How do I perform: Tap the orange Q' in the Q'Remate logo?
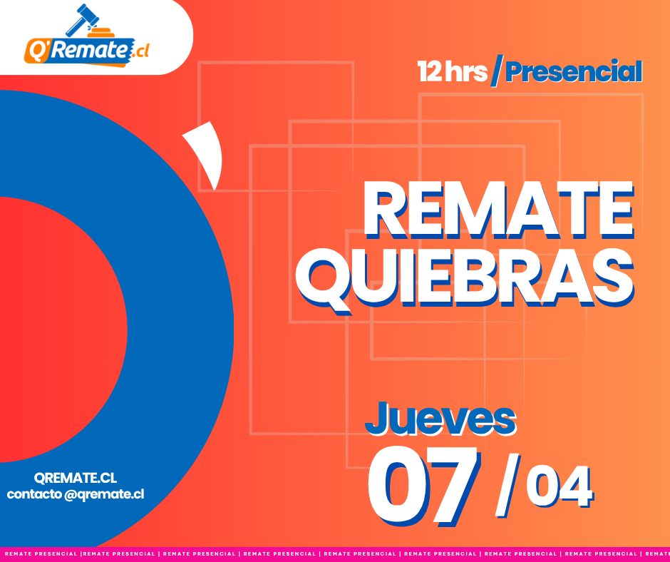[37, 50]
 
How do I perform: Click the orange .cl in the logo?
[140, 51]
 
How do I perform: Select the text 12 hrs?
[452, 71]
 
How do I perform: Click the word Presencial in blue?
[574, 71]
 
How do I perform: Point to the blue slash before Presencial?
[497, 71]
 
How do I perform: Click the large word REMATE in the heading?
[499, 209]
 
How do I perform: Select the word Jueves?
[440, 419]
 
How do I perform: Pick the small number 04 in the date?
[560, 487]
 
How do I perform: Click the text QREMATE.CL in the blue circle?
[76, 478]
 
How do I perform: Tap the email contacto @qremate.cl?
[76, 494]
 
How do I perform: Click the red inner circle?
[60, 329]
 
